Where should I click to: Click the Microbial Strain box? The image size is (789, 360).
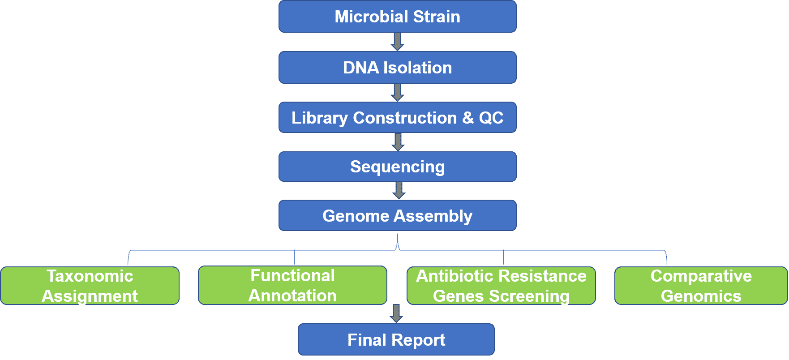point(398,17)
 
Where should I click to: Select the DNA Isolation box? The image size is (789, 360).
point(398,68)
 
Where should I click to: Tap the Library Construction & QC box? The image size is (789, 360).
point(398,118)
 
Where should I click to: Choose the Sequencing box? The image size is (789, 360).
point(398,167)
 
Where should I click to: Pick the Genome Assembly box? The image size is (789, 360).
point(398,215)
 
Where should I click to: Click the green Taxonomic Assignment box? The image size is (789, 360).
point(90,286)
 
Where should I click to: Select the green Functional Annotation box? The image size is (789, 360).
point(292,285)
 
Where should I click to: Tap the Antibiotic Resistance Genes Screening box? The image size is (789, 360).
point(501,286)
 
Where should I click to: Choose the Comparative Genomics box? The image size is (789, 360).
point(701,286)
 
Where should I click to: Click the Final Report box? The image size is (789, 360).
point(396,339)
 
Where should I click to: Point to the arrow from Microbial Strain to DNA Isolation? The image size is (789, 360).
point(398,42)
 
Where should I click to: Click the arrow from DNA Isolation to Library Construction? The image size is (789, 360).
point(398,93)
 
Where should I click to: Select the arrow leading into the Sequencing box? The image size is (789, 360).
point(398,142)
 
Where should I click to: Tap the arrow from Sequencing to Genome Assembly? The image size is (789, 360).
point(399,190)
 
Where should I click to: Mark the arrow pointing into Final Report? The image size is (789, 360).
point(396,313)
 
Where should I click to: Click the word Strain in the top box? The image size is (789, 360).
point(437,17)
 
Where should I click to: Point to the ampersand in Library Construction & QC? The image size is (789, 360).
point(468,118)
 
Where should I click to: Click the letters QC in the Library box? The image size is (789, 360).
point(491,118)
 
